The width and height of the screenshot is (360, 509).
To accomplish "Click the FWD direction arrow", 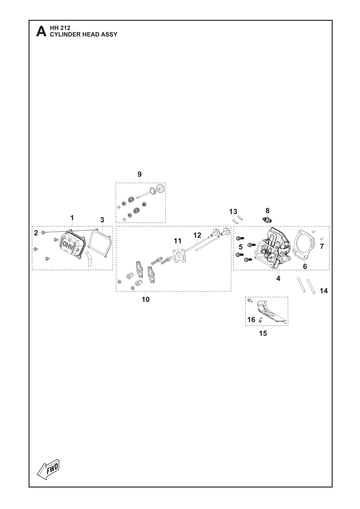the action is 48,469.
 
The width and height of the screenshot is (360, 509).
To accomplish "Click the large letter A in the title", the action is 41,31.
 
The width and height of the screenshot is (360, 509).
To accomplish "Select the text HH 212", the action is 60,28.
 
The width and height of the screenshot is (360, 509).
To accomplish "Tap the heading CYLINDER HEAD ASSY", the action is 83,34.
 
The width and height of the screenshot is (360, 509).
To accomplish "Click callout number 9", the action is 139,174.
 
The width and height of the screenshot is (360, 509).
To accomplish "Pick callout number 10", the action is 146,299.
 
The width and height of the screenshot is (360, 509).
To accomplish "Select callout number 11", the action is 178,241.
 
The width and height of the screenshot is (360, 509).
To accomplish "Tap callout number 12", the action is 197,235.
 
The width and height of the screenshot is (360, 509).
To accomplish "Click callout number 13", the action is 233,211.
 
